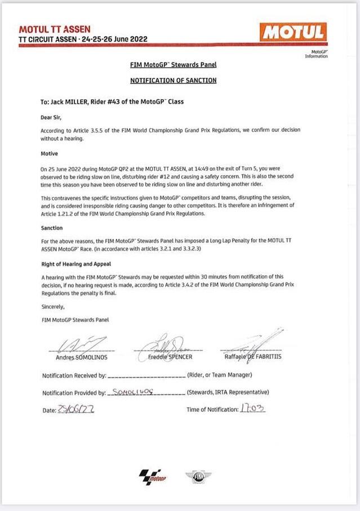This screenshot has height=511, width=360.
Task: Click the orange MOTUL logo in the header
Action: [x=293, y=32]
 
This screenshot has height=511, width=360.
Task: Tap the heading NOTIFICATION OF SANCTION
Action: [x=173, y=81]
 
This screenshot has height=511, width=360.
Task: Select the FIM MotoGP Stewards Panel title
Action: [x=173, y=65]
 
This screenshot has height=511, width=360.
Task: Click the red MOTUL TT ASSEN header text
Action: [x=55, y=29]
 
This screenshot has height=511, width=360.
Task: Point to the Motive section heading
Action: [x=50, y=153]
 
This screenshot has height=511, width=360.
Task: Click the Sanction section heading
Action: [x=51, y=228]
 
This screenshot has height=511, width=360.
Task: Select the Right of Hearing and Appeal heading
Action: [x=76, y=264]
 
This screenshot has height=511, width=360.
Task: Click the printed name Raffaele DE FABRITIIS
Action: [x=249, y=357]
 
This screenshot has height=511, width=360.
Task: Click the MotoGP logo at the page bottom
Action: [x=153, y=477]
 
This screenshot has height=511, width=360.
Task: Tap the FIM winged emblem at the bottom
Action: [x=199, y=477]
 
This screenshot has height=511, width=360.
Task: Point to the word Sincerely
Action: [x=53, y=307]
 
